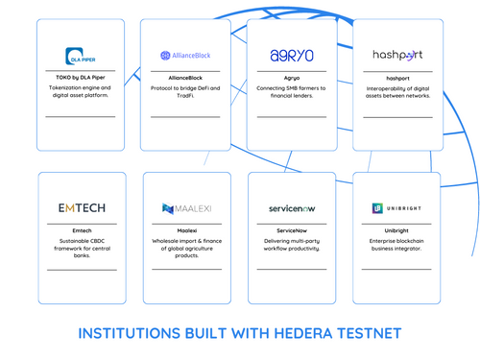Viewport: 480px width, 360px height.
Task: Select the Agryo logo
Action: [x=291, y=55]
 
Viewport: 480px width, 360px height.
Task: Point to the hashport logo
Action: [x=397, y=55]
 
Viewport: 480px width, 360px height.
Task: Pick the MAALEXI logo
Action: [x=187, y=208]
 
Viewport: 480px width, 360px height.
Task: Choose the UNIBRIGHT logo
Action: [x=397, y=208]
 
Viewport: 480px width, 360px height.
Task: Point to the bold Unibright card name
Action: [x=397, y=230]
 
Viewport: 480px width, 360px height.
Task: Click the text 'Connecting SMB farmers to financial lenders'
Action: [x=292, y=92]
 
